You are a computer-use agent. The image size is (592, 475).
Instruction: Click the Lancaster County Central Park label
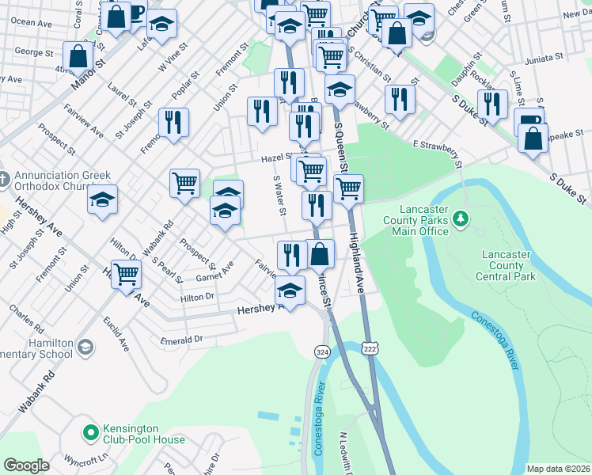(507, 265)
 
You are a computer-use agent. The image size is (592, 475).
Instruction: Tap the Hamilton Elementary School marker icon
(85, 345)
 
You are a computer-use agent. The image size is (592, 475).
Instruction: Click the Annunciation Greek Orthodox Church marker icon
(2, 176)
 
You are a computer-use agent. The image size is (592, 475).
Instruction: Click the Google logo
(26, 465)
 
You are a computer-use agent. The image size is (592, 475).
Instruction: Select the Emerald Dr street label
(181, 339)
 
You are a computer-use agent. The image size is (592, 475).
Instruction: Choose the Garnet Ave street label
(214, 273)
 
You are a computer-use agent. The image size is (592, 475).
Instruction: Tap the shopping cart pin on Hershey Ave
(126, 275)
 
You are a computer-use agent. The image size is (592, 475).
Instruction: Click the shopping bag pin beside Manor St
(78, 57)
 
